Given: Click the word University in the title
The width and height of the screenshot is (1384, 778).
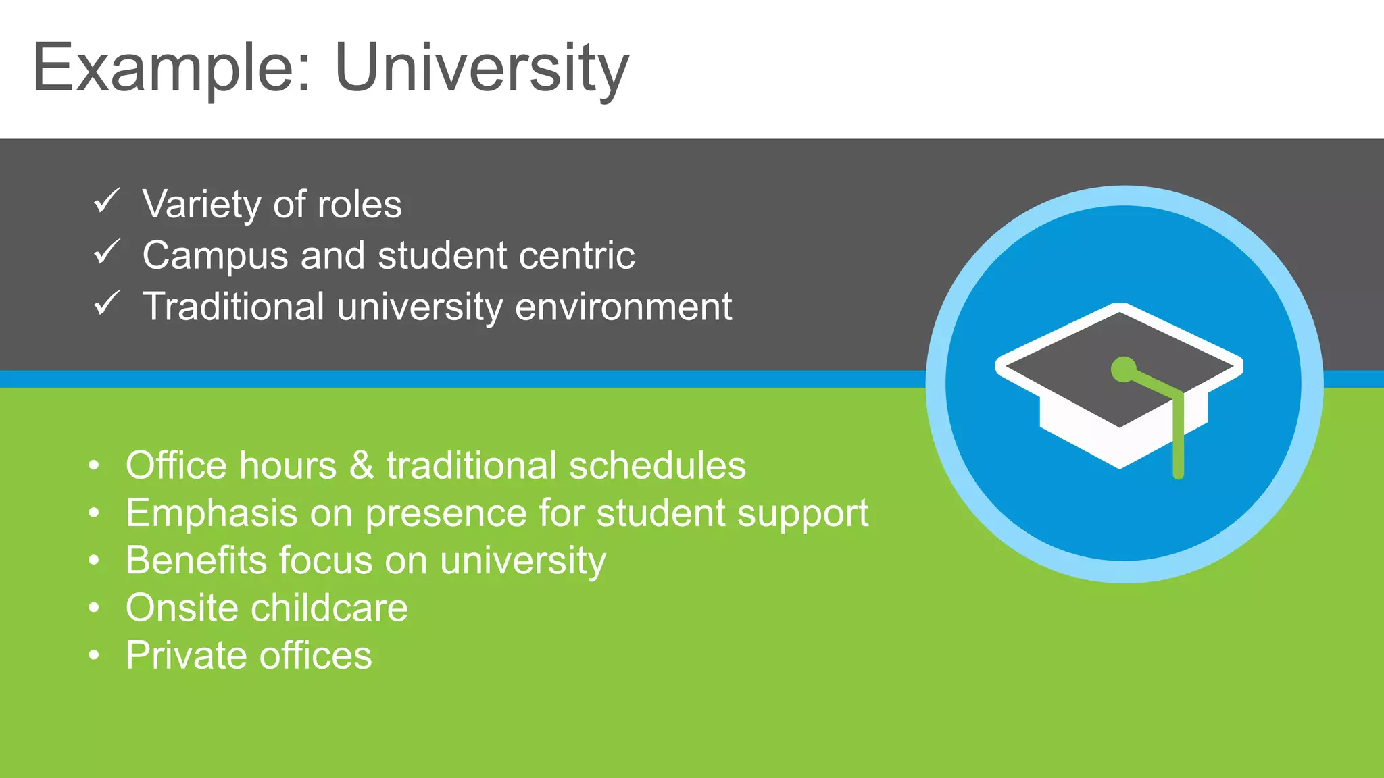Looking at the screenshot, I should pyautogui.click(x=481, y=68).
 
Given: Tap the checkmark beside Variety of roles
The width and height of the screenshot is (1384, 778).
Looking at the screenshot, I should pyautogui.click(x=107, y=201).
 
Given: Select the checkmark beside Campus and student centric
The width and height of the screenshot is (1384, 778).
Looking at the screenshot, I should pyautogui.click(x=107, y=252).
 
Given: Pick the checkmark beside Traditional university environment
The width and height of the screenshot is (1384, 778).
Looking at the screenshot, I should pyautogui.click(x=107, y=303).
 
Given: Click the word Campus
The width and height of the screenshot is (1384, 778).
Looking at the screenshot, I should pyautogui.click(x=215, y=256).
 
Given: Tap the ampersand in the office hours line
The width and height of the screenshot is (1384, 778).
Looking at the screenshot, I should pyautogui.click(x=362, y=466).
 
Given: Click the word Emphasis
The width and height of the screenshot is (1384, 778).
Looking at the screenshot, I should pyautogui.click(x=211, y=513).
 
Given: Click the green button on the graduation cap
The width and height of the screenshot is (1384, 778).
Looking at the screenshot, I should pyautogui.click(x=1123, y=369).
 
